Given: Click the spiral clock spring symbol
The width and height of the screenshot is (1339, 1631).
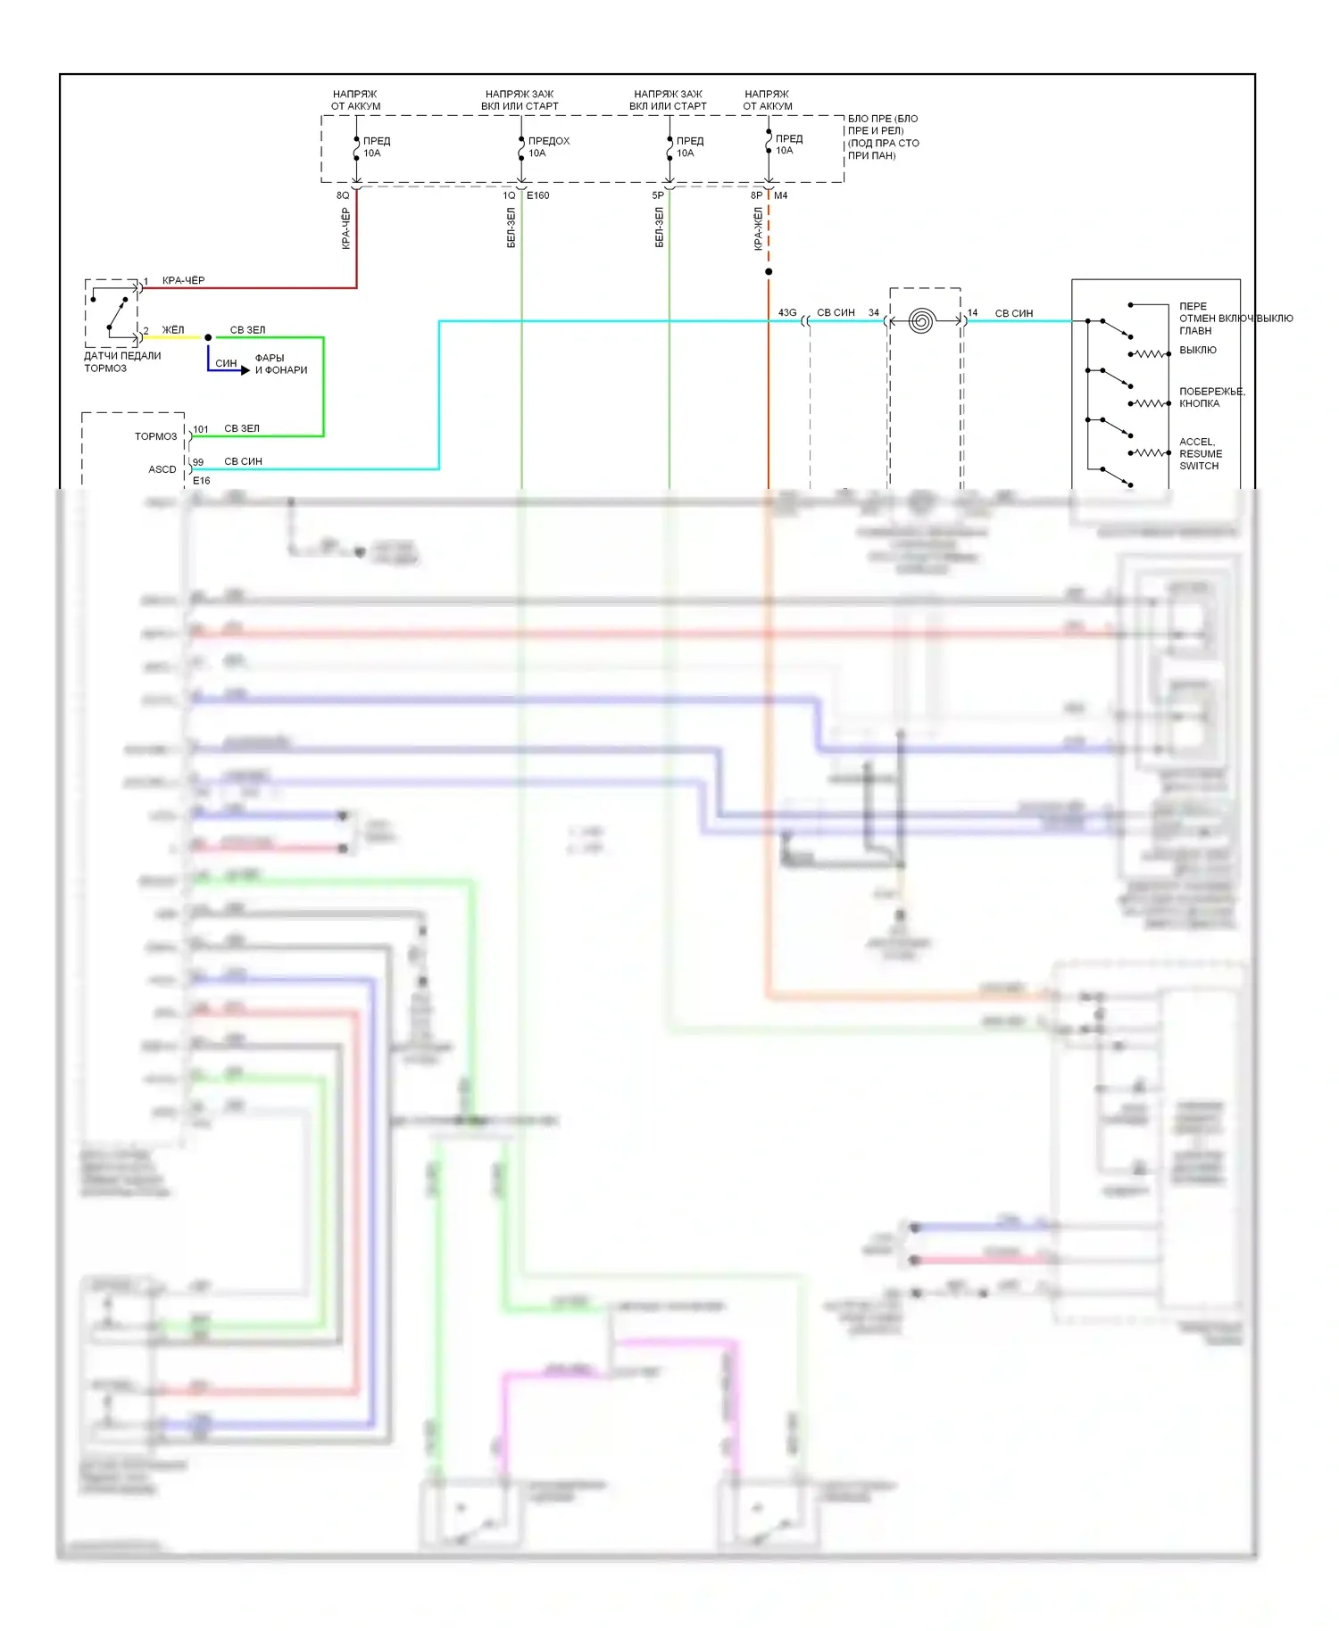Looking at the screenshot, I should pos(921,320).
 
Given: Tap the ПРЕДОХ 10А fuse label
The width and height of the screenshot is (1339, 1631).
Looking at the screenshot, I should pos(548,147).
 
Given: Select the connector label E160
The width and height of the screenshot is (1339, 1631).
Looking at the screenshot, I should pos(538,195).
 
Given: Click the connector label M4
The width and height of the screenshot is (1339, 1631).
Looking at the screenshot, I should pos(780,195).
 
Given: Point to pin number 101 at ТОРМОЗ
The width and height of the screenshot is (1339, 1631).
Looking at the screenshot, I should pos(201,429).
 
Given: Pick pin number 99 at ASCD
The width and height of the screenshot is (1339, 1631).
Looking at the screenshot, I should pos(198,462).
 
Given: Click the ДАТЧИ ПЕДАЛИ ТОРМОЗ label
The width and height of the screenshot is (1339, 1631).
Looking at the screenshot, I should pos(122,361).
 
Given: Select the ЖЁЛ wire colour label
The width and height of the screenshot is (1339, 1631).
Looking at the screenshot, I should pos(173,330).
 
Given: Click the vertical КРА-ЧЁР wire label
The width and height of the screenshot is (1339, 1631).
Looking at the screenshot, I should pos(346,228).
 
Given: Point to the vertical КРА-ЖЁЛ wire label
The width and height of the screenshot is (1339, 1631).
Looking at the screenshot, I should pos(758,228).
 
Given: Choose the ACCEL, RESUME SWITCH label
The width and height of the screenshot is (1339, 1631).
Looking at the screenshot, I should pos(1200,453).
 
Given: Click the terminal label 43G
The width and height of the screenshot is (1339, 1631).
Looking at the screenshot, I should pos(787,313).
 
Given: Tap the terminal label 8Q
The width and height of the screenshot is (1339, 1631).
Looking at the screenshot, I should pos(343,195).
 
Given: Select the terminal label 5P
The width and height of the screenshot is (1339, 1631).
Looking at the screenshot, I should pos(658,195).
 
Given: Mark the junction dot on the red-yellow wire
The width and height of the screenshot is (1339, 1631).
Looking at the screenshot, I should pos(769,271).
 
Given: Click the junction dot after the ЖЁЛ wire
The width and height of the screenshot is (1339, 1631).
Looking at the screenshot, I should pos(208,337).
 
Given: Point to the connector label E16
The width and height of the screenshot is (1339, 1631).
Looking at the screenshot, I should pos(202,481).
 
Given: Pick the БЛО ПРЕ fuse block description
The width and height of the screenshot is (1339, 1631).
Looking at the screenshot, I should pos(883,137).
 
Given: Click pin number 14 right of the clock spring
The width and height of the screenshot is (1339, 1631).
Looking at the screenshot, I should pos(973,313).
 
